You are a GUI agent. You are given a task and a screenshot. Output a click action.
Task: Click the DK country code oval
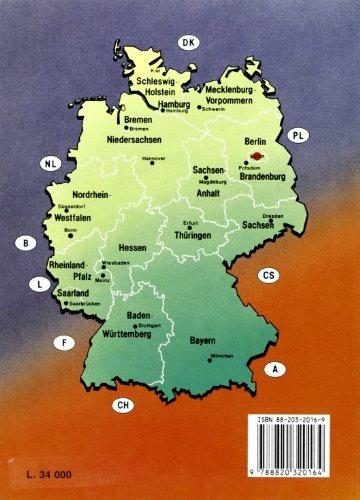tap(186, 41)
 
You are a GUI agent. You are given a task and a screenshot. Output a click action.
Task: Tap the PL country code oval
tap(297, 135)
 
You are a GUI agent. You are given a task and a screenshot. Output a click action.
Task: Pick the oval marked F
tap(63, 345)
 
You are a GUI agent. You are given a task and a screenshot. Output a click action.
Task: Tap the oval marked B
tap(21, 242)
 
